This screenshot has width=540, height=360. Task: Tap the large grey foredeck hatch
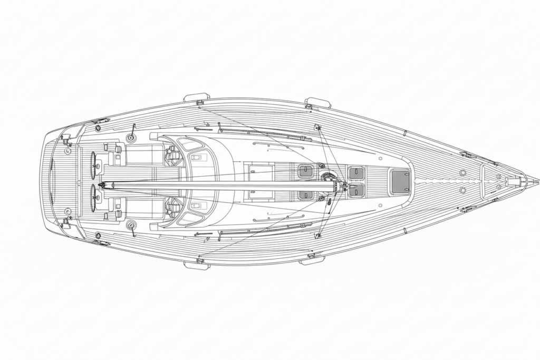[x=400, y=181]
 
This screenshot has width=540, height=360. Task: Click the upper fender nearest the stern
[x=197, y=98]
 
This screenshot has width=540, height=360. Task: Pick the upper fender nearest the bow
[x=318, y=102]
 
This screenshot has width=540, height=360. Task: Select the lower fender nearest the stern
[x=197, y=265]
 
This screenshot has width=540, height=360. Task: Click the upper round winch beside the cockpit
[x=131, y=138]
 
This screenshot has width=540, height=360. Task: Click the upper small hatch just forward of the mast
[x=356, y=173]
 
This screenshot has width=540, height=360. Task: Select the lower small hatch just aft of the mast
[x=306, y=195]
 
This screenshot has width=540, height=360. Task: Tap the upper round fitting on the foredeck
[x=462, y=172]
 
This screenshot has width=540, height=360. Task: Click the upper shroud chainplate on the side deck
[x=317, y=127]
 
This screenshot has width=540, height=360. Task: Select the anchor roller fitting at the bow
[x=514, y=181]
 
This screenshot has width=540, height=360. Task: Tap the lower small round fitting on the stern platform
[x=67, y=211]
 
